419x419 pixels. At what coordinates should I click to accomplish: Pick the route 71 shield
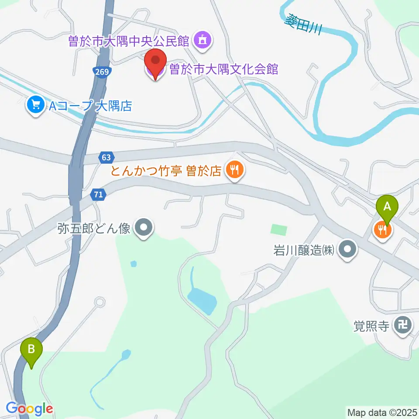[x=99, y=195]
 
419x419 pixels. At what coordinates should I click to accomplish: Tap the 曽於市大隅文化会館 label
[x=223, y=69]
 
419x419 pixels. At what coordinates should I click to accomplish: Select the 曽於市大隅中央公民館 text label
[x=128, y=41]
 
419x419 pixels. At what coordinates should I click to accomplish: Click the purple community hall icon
[x=202, y=41]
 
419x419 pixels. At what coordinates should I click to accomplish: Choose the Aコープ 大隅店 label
[x=90, y=106]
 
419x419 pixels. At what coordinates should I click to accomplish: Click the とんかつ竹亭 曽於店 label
[x=166, y=171]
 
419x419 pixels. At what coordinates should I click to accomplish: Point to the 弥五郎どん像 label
[x=94, y=228]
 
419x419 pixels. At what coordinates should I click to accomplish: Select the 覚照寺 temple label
[x=371, y=326]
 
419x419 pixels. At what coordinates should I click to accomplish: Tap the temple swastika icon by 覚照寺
[x=402, y=325]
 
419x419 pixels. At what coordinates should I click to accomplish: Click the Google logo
[x=29, y=409]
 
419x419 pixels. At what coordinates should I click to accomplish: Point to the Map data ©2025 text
[x=382, y=412]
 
